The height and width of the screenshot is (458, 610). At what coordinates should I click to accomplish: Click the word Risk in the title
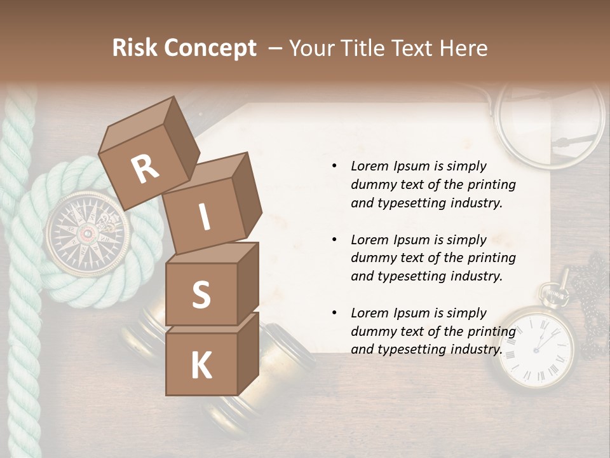pos(135,48)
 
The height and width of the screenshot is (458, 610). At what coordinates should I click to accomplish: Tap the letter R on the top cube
pos(145,169)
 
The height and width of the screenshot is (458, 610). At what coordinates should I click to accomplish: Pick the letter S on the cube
pos(201,296)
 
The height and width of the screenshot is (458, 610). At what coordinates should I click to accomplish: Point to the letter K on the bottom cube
pos(201,365)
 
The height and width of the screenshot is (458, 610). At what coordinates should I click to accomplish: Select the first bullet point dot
pos(334,167)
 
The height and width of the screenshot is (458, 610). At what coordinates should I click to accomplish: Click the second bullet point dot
pos(334,240)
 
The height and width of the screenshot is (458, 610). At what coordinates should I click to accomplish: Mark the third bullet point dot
pos(334,313)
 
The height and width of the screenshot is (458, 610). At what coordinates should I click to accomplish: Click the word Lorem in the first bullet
pos(369,167)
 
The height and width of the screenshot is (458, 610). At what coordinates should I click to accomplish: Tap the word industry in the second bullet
pos(475,277)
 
